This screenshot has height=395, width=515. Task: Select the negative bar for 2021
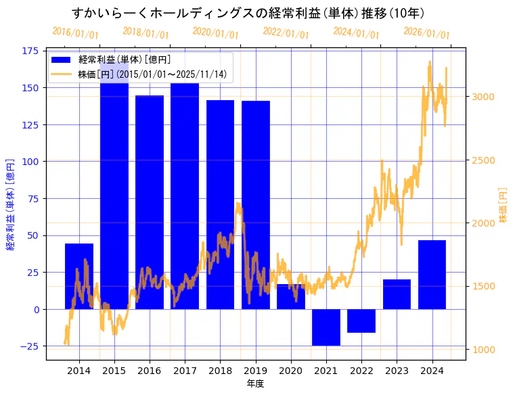326,327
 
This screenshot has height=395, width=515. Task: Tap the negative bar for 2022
361,321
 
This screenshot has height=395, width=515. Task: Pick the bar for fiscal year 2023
397,294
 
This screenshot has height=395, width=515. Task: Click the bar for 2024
432,275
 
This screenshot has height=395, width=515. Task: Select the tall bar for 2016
150,202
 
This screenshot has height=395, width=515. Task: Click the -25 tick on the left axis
29,346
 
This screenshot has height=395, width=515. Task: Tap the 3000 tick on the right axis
483,97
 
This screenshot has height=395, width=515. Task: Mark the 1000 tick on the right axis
483,350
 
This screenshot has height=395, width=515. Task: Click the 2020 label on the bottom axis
290,370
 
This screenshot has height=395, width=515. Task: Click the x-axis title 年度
255,384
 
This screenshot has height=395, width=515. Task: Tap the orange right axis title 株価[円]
503,206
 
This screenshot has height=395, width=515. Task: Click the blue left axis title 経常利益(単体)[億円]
10,206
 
